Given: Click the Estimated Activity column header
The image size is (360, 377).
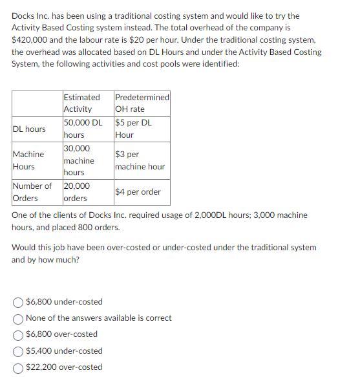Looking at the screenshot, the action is tap(81, 103).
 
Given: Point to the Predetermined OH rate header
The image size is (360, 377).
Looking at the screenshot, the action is tap(142, 103).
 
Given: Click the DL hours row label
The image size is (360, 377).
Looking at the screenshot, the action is tap(29, 129).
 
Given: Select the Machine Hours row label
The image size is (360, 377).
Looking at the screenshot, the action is tap(28, 160).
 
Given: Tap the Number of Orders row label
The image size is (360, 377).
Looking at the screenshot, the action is tap(32, 192).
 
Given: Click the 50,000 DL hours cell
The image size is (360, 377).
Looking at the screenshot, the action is tap(83, 129).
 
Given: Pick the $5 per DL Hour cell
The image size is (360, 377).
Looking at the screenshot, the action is tap(134, 129).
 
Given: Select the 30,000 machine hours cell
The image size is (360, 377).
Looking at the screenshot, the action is tap(79, 160).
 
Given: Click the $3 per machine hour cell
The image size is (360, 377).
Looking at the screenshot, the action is tap(140, 160).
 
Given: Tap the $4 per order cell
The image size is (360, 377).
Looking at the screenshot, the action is tap(138, 192).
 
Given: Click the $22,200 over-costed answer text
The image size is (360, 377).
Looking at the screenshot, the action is tap(64, 367).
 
